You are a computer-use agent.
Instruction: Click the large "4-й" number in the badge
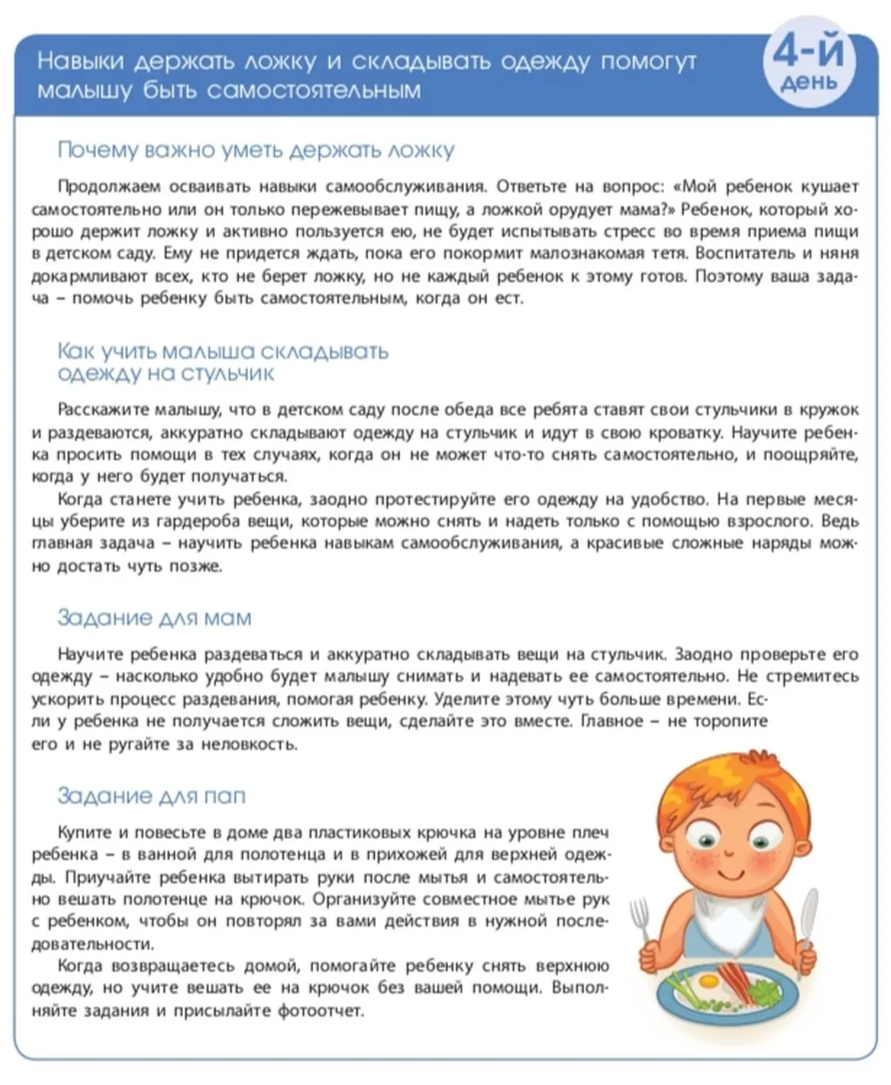(808, 53)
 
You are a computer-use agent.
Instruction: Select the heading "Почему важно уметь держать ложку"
(256, 151)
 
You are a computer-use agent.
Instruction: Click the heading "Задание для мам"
(154, 618)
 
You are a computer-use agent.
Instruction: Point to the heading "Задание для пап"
(151, 795)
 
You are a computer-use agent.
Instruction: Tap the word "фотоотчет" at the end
(319, 1011)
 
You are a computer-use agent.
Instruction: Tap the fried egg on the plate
(707, 981)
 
